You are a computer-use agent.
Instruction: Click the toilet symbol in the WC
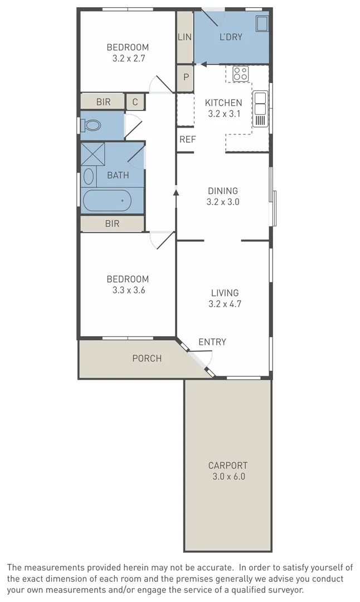coord(93,125)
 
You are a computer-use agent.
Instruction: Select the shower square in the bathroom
coord(93,154)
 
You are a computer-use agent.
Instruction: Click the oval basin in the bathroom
coord(89,177)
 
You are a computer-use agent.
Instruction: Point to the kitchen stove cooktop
coord(240,73)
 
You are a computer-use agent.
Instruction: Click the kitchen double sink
coord(260,109)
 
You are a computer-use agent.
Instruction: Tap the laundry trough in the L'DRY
coord(261,23)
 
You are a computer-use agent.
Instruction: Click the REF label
coord(187,139)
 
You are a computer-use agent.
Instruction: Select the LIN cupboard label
coord(184,37)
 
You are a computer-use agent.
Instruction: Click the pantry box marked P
coord(186,77)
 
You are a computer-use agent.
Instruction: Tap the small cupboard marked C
coord(135,102)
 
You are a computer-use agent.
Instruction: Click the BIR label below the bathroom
coord(112,224)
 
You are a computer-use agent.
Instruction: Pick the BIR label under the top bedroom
coord(103,102)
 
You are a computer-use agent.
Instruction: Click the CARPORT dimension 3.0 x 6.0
coord(228,477)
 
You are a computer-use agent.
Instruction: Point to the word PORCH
coord(147,358)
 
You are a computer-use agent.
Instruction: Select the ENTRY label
coord(212,342)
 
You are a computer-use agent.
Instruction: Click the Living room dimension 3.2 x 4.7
coord(225,304)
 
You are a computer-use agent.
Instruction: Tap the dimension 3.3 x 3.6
coord(128,290)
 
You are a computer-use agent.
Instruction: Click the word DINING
coord(223,191)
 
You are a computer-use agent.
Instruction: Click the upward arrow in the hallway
coord(176,192)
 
